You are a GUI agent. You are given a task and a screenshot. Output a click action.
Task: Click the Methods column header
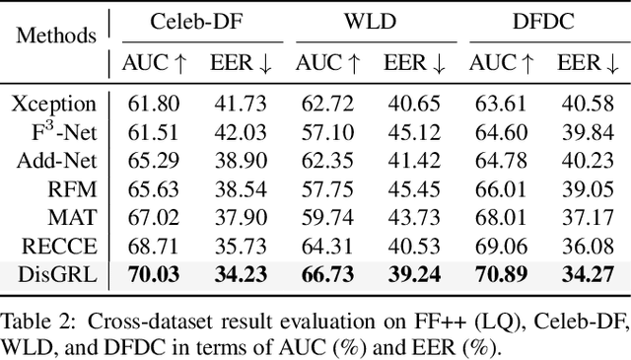point(57,36)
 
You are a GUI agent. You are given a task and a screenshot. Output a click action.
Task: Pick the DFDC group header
point(540,20)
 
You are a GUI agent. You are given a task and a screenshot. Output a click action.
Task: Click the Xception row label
point(55,103)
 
